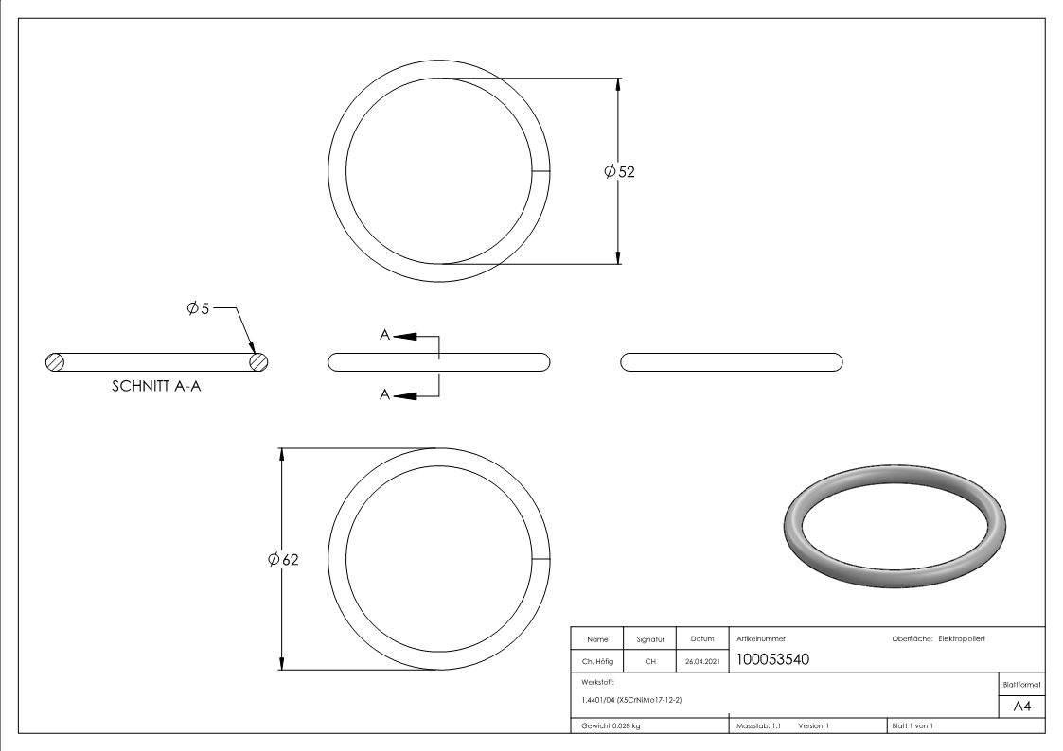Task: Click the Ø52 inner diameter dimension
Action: [620, 171]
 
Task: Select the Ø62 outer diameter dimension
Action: [283, 559]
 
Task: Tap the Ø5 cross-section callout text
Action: [198, 308]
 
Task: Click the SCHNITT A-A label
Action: [156, 386]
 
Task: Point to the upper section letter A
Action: [384, 335]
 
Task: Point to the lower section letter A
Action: [384, 394]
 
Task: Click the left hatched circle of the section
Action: [55, 362]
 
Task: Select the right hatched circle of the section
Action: [258, 362]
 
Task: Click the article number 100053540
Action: [772, 659]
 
